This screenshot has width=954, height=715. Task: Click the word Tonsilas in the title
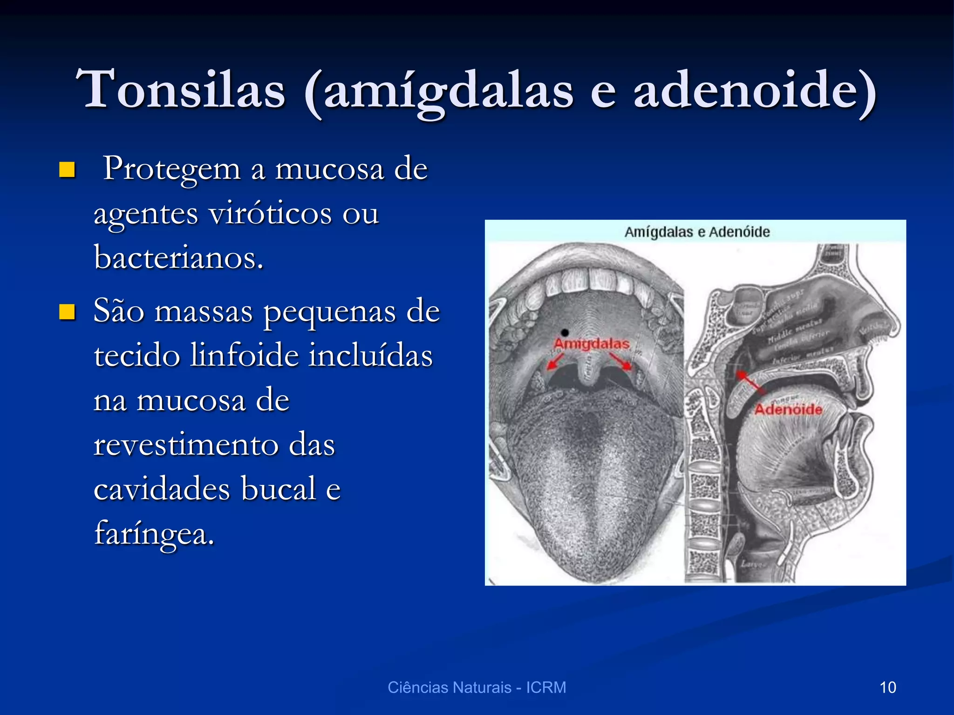(181, 89)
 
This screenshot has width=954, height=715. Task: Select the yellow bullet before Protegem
(67, 170)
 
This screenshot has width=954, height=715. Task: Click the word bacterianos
(179, 257)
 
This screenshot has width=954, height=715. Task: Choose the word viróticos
(270, 214)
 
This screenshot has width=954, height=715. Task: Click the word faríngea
(154, 533)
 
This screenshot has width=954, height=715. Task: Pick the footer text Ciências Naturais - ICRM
(477, 688)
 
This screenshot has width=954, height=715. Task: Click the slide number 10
(887, 688)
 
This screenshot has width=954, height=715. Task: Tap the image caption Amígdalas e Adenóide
(697, 232)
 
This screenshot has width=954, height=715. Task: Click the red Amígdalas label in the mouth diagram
(592, 344)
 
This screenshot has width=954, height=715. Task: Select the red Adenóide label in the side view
(788, 410)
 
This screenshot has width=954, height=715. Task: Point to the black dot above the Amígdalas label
(565, 332)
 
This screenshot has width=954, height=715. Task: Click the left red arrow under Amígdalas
(555, 362)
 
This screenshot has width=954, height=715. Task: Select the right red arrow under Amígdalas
(620, 361)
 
